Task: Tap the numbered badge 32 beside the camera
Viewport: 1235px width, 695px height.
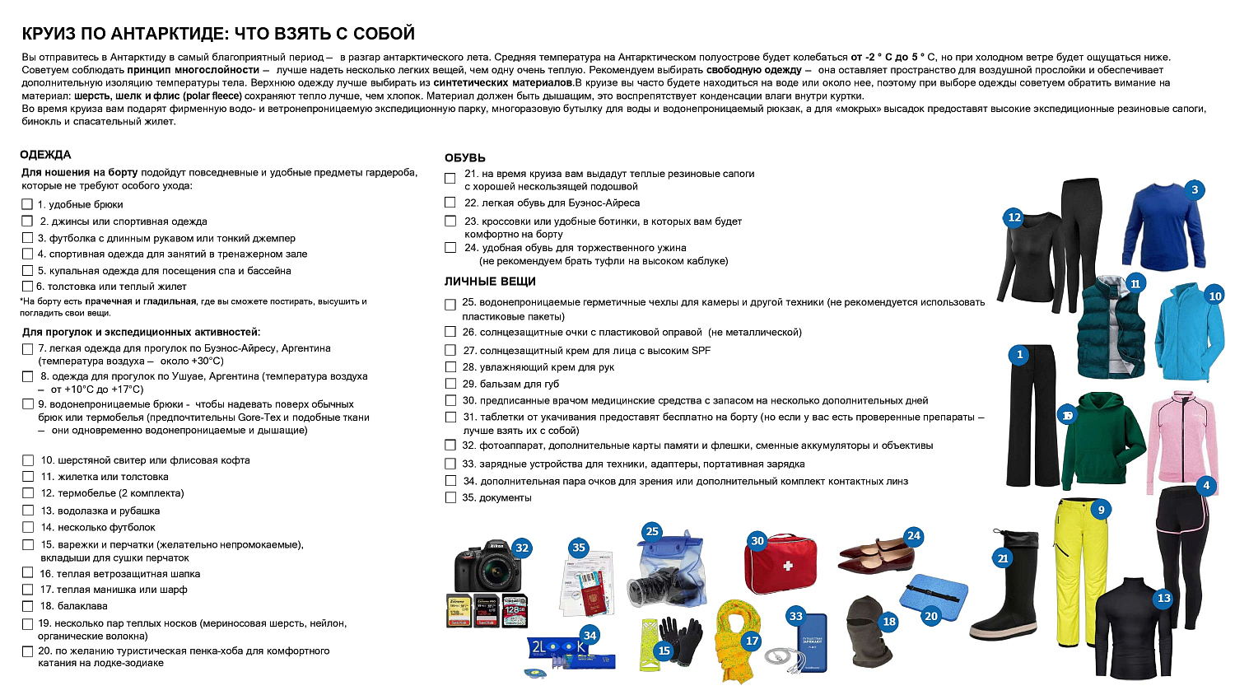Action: coord(522,548)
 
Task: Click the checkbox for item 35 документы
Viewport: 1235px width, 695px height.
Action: coord(450,497)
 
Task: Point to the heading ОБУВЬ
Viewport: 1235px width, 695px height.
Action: coord(465,157)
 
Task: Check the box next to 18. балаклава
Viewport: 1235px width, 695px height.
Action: coord(28,606)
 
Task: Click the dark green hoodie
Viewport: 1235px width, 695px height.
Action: coord(1103,441)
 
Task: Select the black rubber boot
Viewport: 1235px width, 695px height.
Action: coord(1004,593)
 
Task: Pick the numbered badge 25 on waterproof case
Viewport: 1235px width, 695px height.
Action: coord(652,531)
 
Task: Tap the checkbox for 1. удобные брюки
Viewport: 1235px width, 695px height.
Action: coord(27,204)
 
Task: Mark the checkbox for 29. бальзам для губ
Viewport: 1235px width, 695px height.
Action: coord(450,384)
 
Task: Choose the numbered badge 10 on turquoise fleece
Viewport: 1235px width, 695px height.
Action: coord(1215,296)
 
